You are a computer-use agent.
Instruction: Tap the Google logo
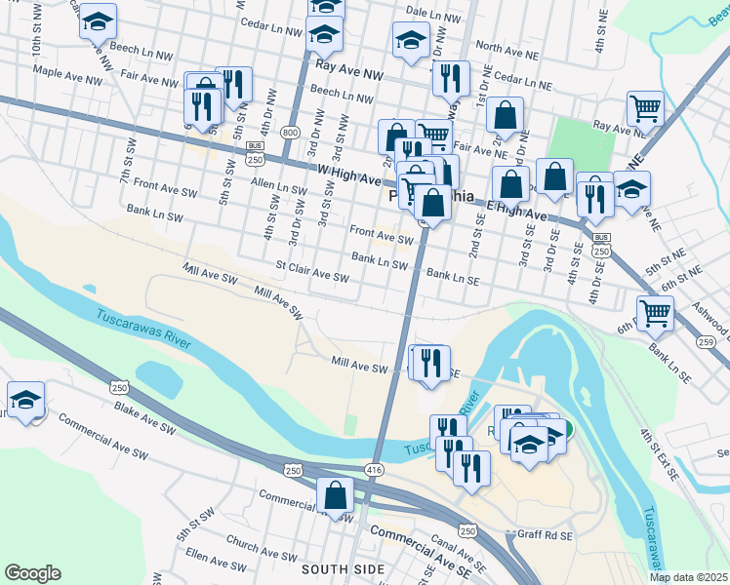coord(32,573)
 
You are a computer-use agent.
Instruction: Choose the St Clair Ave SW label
coord(312,271)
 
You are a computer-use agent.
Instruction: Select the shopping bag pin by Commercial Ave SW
coord(335,494)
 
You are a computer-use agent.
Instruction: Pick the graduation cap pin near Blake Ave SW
coord(25,400)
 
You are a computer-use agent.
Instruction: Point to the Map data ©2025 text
coord(689,577)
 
